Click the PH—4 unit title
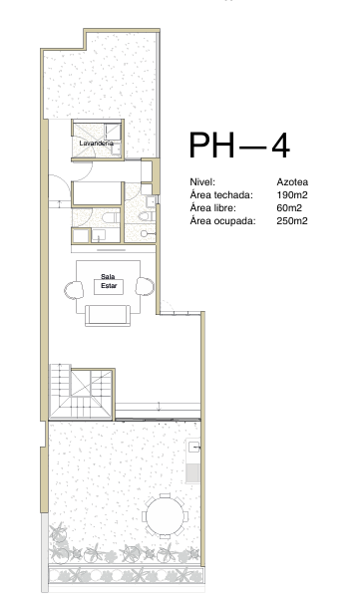click(239, 145)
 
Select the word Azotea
click(292, 181)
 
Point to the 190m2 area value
click(292, 195)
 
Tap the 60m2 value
click(289, 208)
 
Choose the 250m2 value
click(292, 221)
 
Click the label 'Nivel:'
click(202, 181)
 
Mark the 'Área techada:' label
click(221, 195)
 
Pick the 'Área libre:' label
click(212, 208)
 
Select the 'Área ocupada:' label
click(222, 221)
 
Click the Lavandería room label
click(96, 144)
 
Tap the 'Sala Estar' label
click(109, 281)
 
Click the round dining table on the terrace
click(165, 516)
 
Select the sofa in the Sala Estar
click(108, 315)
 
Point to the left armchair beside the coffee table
click(74, 290)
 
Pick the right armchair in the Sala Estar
click(145, 287)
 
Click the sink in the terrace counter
click(194, 448)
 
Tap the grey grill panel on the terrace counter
click(192, 472)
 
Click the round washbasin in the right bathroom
click(145, 234)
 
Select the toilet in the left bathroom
click(110, 217)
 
